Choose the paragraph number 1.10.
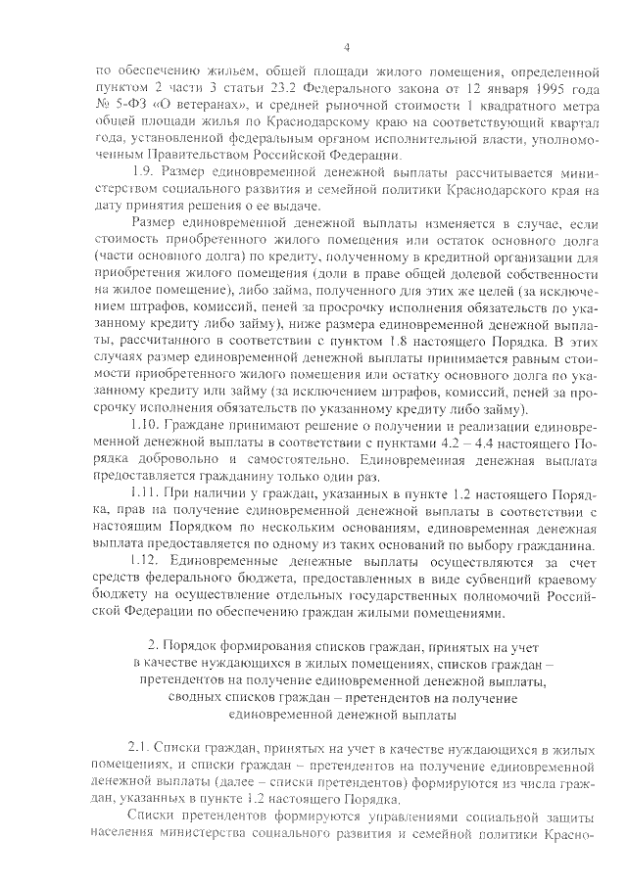148,428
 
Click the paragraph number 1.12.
148,560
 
